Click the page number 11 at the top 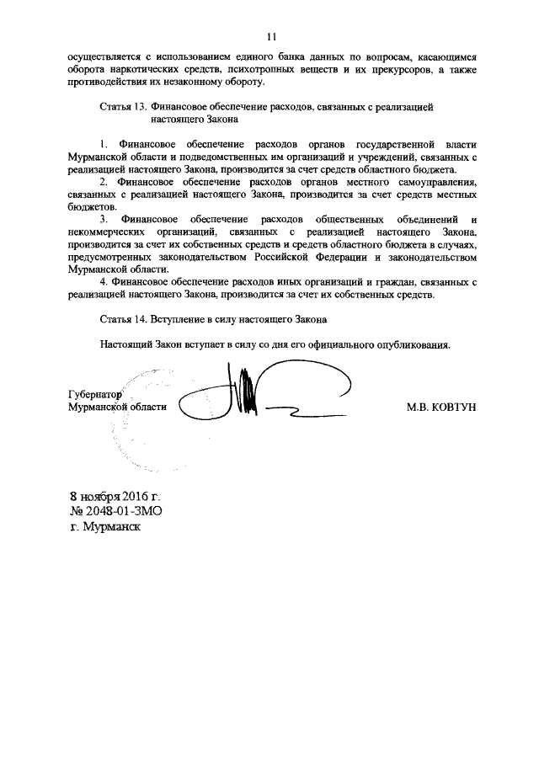tap(270, 36)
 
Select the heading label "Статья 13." tap(124, 107)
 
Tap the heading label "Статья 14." tap(124, 321)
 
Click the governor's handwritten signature tap(253, 394)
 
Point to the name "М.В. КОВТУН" tap(441, 407)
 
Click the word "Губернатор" tap(95, 394)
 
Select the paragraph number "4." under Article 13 tap(104, 282)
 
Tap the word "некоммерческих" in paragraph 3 tap(106, 231)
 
